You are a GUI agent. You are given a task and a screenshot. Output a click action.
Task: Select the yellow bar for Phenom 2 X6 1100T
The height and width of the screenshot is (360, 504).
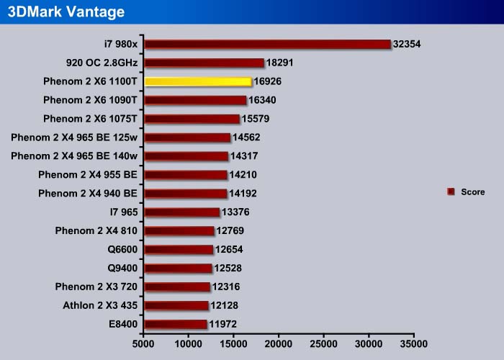click(198, 81)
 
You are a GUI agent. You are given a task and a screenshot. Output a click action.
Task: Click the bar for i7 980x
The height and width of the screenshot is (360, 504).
click(267, 44)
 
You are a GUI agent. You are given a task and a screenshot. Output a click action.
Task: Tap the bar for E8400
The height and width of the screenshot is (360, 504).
click(176, 325)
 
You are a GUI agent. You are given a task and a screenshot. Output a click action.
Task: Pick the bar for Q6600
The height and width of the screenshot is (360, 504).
click(179, 250)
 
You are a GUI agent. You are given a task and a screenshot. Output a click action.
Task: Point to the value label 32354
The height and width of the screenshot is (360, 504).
click(407, 44)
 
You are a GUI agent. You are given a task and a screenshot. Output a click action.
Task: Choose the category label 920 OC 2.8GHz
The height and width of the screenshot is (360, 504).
click(102, 63)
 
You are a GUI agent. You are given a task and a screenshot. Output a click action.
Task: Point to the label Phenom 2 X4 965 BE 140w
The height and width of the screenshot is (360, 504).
click(74, 156)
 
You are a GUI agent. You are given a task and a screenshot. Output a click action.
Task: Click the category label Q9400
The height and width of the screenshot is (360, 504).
click(122, 268)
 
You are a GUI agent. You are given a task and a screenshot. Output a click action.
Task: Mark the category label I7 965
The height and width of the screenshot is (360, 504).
click(124, 212)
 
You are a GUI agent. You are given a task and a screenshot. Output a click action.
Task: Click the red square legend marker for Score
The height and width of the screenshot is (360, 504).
click(451, 192)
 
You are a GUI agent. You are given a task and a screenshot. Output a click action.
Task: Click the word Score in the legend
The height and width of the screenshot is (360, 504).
click(473, 192)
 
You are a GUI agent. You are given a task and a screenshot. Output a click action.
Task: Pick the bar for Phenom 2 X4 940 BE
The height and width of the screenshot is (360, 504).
click(185, 193)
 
